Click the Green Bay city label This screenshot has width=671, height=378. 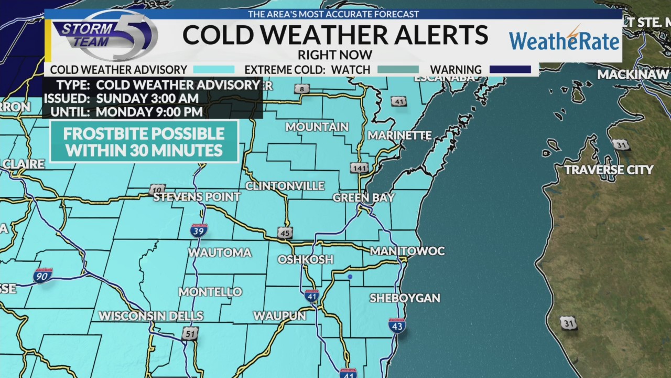[x=363, y=198]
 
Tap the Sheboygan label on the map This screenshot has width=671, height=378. [x=405, y=298]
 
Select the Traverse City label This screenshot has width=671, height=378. [x=609, y=170]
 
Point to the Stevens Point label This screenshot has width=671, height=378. [x=197, y=197]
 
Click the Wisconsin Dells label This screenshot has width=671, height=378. [x=151, y=316]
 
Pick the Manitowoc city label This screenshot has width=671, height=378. [x=407, y=251]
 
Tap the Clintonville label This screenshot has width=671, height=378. [x=285, y=186]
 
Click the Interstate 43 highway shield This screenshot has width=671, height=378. [x=397, y=325]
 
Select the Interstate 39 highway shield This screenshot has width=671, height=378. [x=199, y=230]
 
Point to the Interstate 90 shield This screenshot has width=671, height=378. [x=42, y=276]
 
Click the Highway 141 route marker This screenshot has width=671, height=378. [x=359, y=167]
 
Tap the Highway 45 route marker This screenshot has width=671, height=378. [x=285, y=233]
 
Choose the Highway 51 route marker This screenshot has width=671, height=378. [x=190, y=333]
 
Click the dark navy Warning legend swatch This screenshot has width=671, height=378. [x=510, y=69]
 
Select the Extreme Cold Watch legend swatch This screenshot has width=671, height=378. [x=398, y=69]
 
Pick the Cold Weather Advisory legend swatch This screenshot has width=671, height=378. [x=214, y=69]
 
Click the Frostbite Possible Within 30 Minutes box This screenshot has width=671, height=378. [x=144, y=142]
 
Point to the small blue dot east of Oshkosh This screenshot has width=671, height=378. [x=350, y=276]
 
